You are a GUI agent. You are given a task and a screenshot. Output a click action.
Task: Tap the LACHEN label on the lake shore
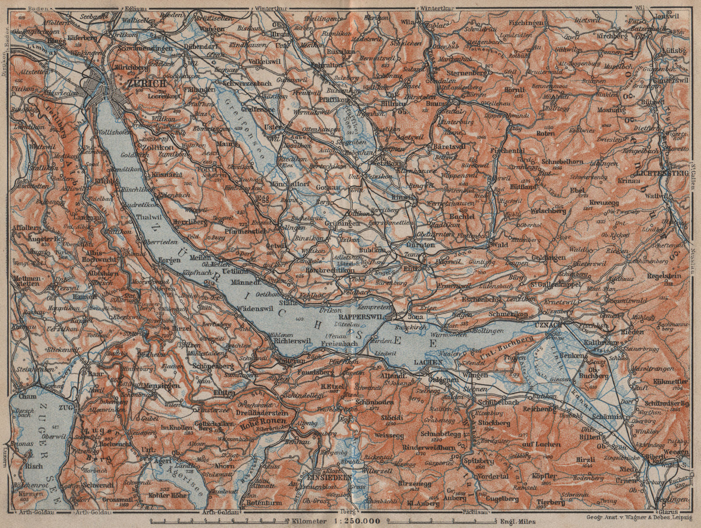428,363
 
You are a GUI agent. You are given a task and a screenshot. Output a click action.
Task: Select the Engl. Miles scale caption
519,521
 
